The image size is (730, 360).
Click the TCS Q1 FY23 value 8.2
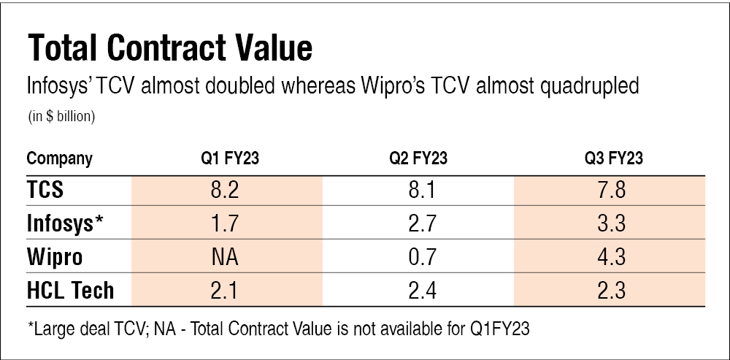coord(227,191)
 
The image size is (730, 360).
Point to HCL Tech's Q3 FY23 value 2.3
coord(610,290)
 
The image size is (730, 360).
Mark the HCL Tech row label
coord(70,290)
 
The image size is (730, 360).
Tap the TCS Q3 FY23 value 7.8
coord(610,191)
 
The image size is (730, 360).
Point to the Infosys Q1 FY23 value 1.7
coord(227,224)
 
